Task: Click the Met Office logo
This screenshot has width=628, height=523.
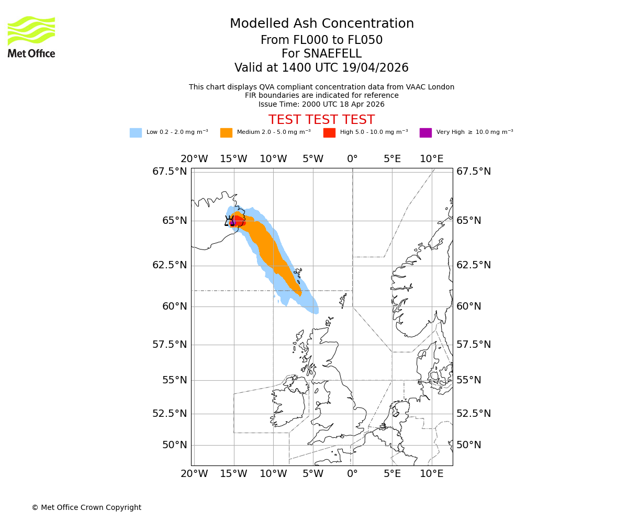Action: (31, 37)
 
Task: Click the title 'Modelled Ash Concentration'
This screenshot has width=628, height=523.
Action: (321, 24)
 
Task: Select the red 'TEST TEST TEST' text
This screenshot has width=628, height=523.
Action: (321, 120)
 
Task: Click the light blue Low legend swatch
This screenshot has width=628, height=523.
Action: (136, 133)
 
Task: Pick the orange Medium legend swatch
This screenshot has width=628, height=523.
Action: (226, 133)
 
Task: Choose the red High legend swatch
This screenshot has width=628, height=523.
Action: (329, 133)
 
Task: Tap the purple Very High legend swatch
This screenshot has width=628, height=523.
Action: (425, 133)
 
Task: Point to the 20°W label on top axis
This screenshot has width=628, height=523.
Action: (194, 159)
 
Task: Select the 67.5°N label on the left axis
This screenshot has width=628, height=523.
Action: (170, 172)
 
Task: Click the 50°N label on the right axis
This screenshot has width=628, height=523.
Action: (468, 445)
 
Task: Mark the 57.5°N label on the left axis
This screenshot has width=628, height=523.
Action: (170, 345)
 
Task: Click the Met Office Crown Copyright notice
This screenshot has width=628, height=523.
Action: (86, 507)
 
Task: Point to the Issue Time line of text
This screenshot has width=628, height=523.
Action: (321, 104)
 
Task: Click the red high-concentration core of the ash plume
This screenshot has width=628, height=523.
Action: (238, 221)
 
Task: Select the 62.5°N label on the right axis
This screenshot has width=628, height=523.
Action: (474, 265)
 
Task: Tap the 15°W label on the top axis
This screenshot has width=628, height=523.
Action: (233, 159)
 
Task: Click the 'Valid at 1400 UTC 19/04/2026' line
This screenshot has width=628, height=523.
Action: (321, 68)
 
